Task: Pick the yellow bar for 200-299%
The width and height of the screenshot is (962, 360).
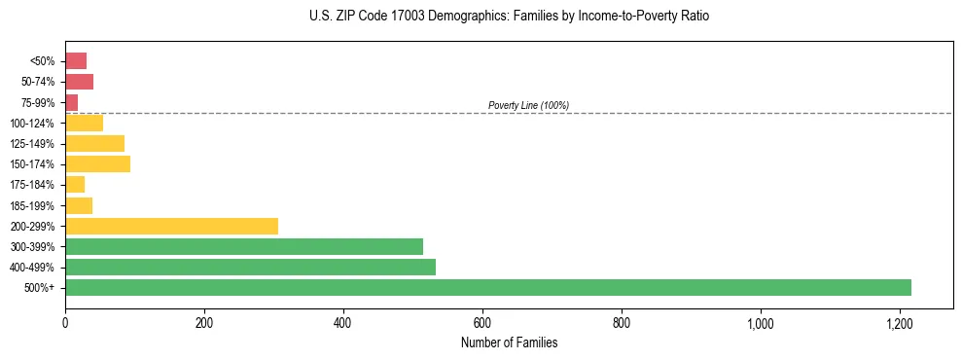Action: (x=171, y=226)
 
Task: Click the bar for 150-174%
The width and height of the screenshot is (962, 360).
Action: (x=97, y=163)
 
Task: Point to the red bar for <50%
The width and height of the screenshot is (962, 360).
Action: (x=76, y=60)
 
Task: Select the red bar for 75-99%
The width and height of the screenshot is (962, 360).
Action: (x=71, y=102)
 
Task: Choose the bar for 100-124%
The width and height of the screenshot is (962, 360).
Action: (x=84, y=123)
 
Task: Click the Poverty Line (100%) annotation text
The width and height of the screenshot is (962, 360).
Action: (x=528, y=105)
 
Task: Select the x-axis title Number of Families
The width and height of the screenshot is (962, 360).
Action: (x=509, y=342)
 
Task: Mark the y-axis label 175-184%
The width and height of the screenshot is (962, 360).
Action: (x=33, y=185)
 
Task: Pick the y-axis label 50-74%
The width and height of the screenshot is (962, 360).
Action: (x=37, y=82)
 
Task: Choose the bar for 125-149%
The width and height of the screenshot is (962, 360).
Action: (x=94, y=143)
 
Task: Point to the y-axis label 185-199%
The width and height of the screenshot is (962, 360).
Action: (x=33, y=205)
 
